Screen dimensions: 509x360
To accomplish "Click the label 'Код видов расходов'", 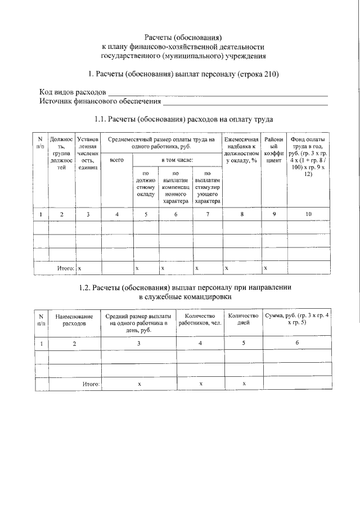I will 72,92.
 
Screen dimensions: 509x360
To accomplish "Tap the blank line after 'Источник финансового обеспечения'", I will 245,103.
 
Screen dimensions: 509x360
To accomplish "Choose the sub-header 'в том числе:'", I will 177,160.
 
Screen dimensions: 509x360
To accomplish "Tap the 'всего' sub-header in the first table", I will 116,160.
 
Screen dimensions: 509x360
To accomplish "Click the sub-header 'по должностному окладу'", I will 145,184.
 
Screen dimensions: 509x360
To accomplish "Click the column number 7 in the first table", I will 208,214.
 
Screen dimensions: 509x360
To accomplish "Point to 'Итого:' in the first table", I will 66,269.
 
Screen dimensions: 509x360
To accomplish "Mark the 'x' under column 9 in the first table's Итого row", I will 265,269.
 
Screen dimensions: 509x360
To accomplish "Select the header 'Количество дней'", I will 243,320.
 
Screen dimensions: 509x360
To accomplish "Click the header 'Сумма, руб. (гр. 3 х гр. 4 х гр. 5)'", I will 296,320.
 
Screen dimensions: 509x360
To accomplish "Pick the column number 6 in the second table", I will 296,343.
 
